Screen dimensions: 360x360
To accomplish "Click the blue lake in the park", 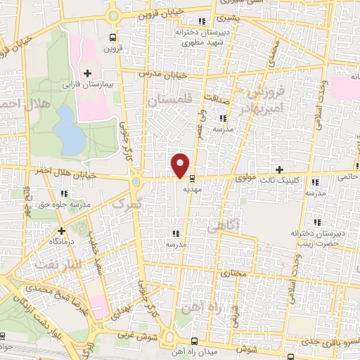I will click(70, 131).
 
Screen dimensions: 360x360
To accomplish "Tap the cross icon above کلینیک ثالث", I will click(280, 169).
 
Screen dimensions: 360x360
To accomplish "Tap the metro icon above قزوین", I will click(112, 38).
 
